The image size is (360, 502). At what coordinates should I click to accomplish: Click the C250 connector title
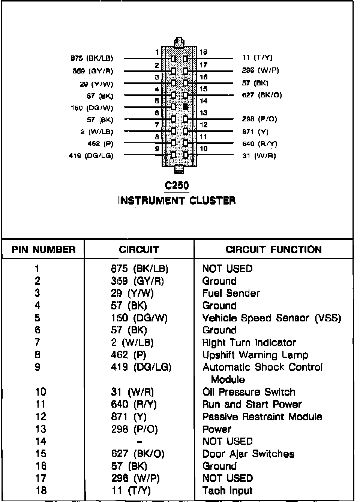(177, 185)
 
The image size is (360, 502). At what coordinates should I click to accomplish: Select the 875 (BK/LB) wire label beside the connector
(92, 58)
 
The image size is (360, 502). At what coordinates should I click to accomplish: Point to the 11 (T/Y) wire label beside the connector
(258, 58)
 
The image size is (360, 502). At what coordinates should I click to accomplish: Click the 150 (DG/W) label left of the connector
(92, 108)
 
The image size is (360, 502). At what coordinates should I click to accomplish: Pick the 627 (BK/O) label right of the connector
(262, 95)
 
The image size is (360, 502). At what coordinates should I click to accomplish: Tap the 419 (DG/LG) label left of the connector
(91, 156)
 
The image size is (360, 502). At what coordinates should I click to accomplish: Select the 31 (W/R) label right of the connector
(259, 155)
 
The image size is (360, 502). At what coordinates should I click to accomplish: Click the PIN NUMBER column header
(43, 250)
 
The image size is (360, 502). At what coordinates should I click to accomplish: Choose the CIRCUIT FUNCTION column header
(273, 250)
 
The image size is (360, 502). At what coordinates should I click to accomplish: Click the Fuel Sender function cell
(231, 293)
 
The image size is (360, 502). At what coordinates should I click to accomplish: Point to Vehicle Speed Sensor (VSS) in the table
(272, 318)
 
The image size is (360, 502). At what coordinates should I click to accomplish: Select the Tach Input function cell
(228, 491)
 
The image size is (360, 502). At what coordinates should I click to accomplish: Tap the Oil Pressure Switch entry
(249, 392)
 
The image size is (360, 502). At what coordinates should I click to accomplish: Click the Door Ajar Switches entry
(248, 454)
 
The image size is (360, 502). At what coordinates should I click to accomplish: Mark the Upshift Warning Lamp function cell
(255, 355)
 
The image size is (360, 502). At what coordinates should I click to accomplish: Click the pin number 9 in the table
(37, 367)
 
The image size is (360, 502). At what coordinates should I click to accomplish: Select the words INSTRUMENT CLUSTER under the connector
(177, 201)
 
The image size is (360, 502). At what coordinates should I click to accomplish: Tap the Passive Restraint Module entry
(262, 417)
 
